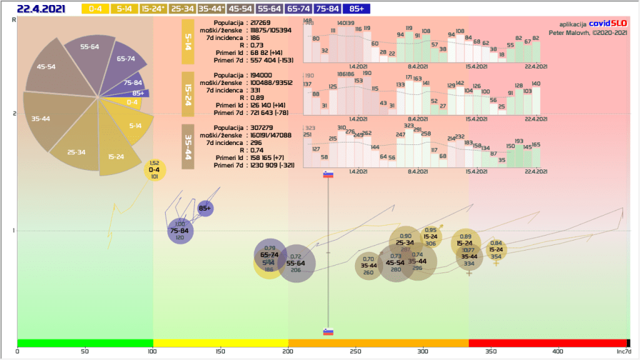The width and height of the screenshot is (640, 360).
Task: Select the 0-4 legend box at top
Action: pos(95,9)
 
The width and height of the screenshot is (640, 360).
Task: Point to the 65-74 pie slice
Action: pos(124,61)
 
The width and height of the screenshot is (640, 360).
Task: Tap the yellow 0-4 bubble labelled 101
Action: pos(154,170)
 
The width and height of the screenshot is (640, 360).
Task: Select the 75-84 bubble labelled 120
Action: pos(180,231)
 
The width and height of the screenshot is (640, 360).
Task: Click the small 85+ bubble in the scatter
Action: pos(205,208)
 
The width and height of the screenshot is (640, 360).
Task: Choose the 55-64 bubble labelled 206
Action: pos(296,264)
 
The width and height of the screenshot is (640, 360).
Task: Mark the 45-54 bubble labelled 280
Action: pos(396,264)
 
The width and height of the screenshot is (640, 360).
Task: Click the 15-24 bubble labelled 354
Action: pos(496,250)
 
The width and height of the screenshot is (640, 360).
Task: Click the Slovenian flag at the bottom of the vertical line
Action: pos(328,331)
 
